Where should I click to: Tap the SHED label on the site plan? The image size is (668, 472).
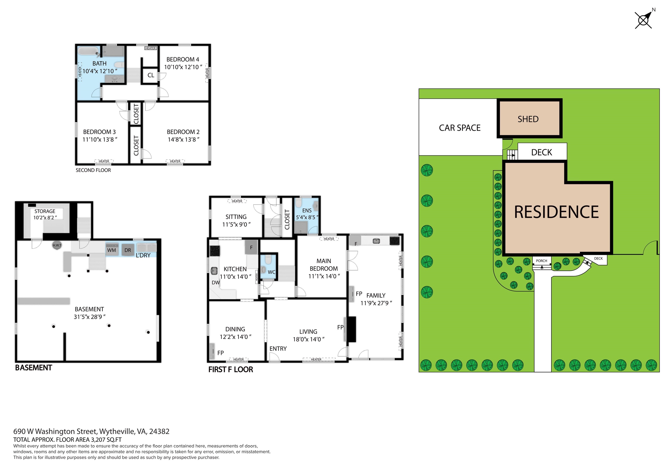pyautogui.click(x=528, y=119)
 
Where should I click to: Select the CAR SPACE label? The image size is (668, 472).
pyautogui.click(x=460, y=128)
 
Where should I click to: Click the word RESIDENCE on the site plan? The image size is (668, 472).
pyautogui.click(x=556, y=212)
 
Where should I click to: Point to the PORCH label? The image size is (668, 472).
pyautogui.click(x=541, y=261)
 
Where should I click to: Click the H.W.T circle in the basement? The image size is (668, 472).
pyautogui.click(x=57, y=245)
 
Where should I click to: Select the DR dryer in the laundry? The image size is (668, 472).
pyautogui.click(x=128, y=250)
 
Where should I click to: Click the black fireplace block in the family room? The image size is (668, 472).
pyautogui.click(x=352, y=329)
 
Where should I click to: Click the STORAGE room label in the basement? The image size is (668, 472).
pyautogui.click(x=45, y=211)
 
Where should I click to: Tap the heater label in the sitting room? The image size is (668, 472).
pyautogui.click(x=237, y=201)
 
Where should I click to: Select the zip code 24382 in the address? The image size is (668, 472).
pyautogui.click(x=159, y=431)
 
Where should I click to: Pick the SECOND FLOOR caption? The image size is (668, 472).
pyautogui.click(x=93, y=170)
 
